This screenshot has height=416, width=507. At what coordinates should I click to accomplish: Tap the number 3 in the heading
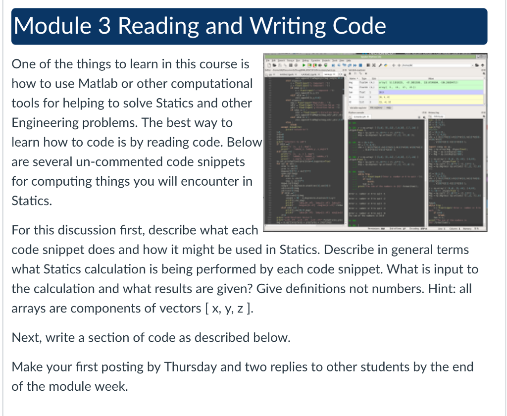(x=105, y=26)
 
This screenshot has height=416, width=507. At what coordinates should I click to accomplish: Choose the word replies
(x=294, y=367)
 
